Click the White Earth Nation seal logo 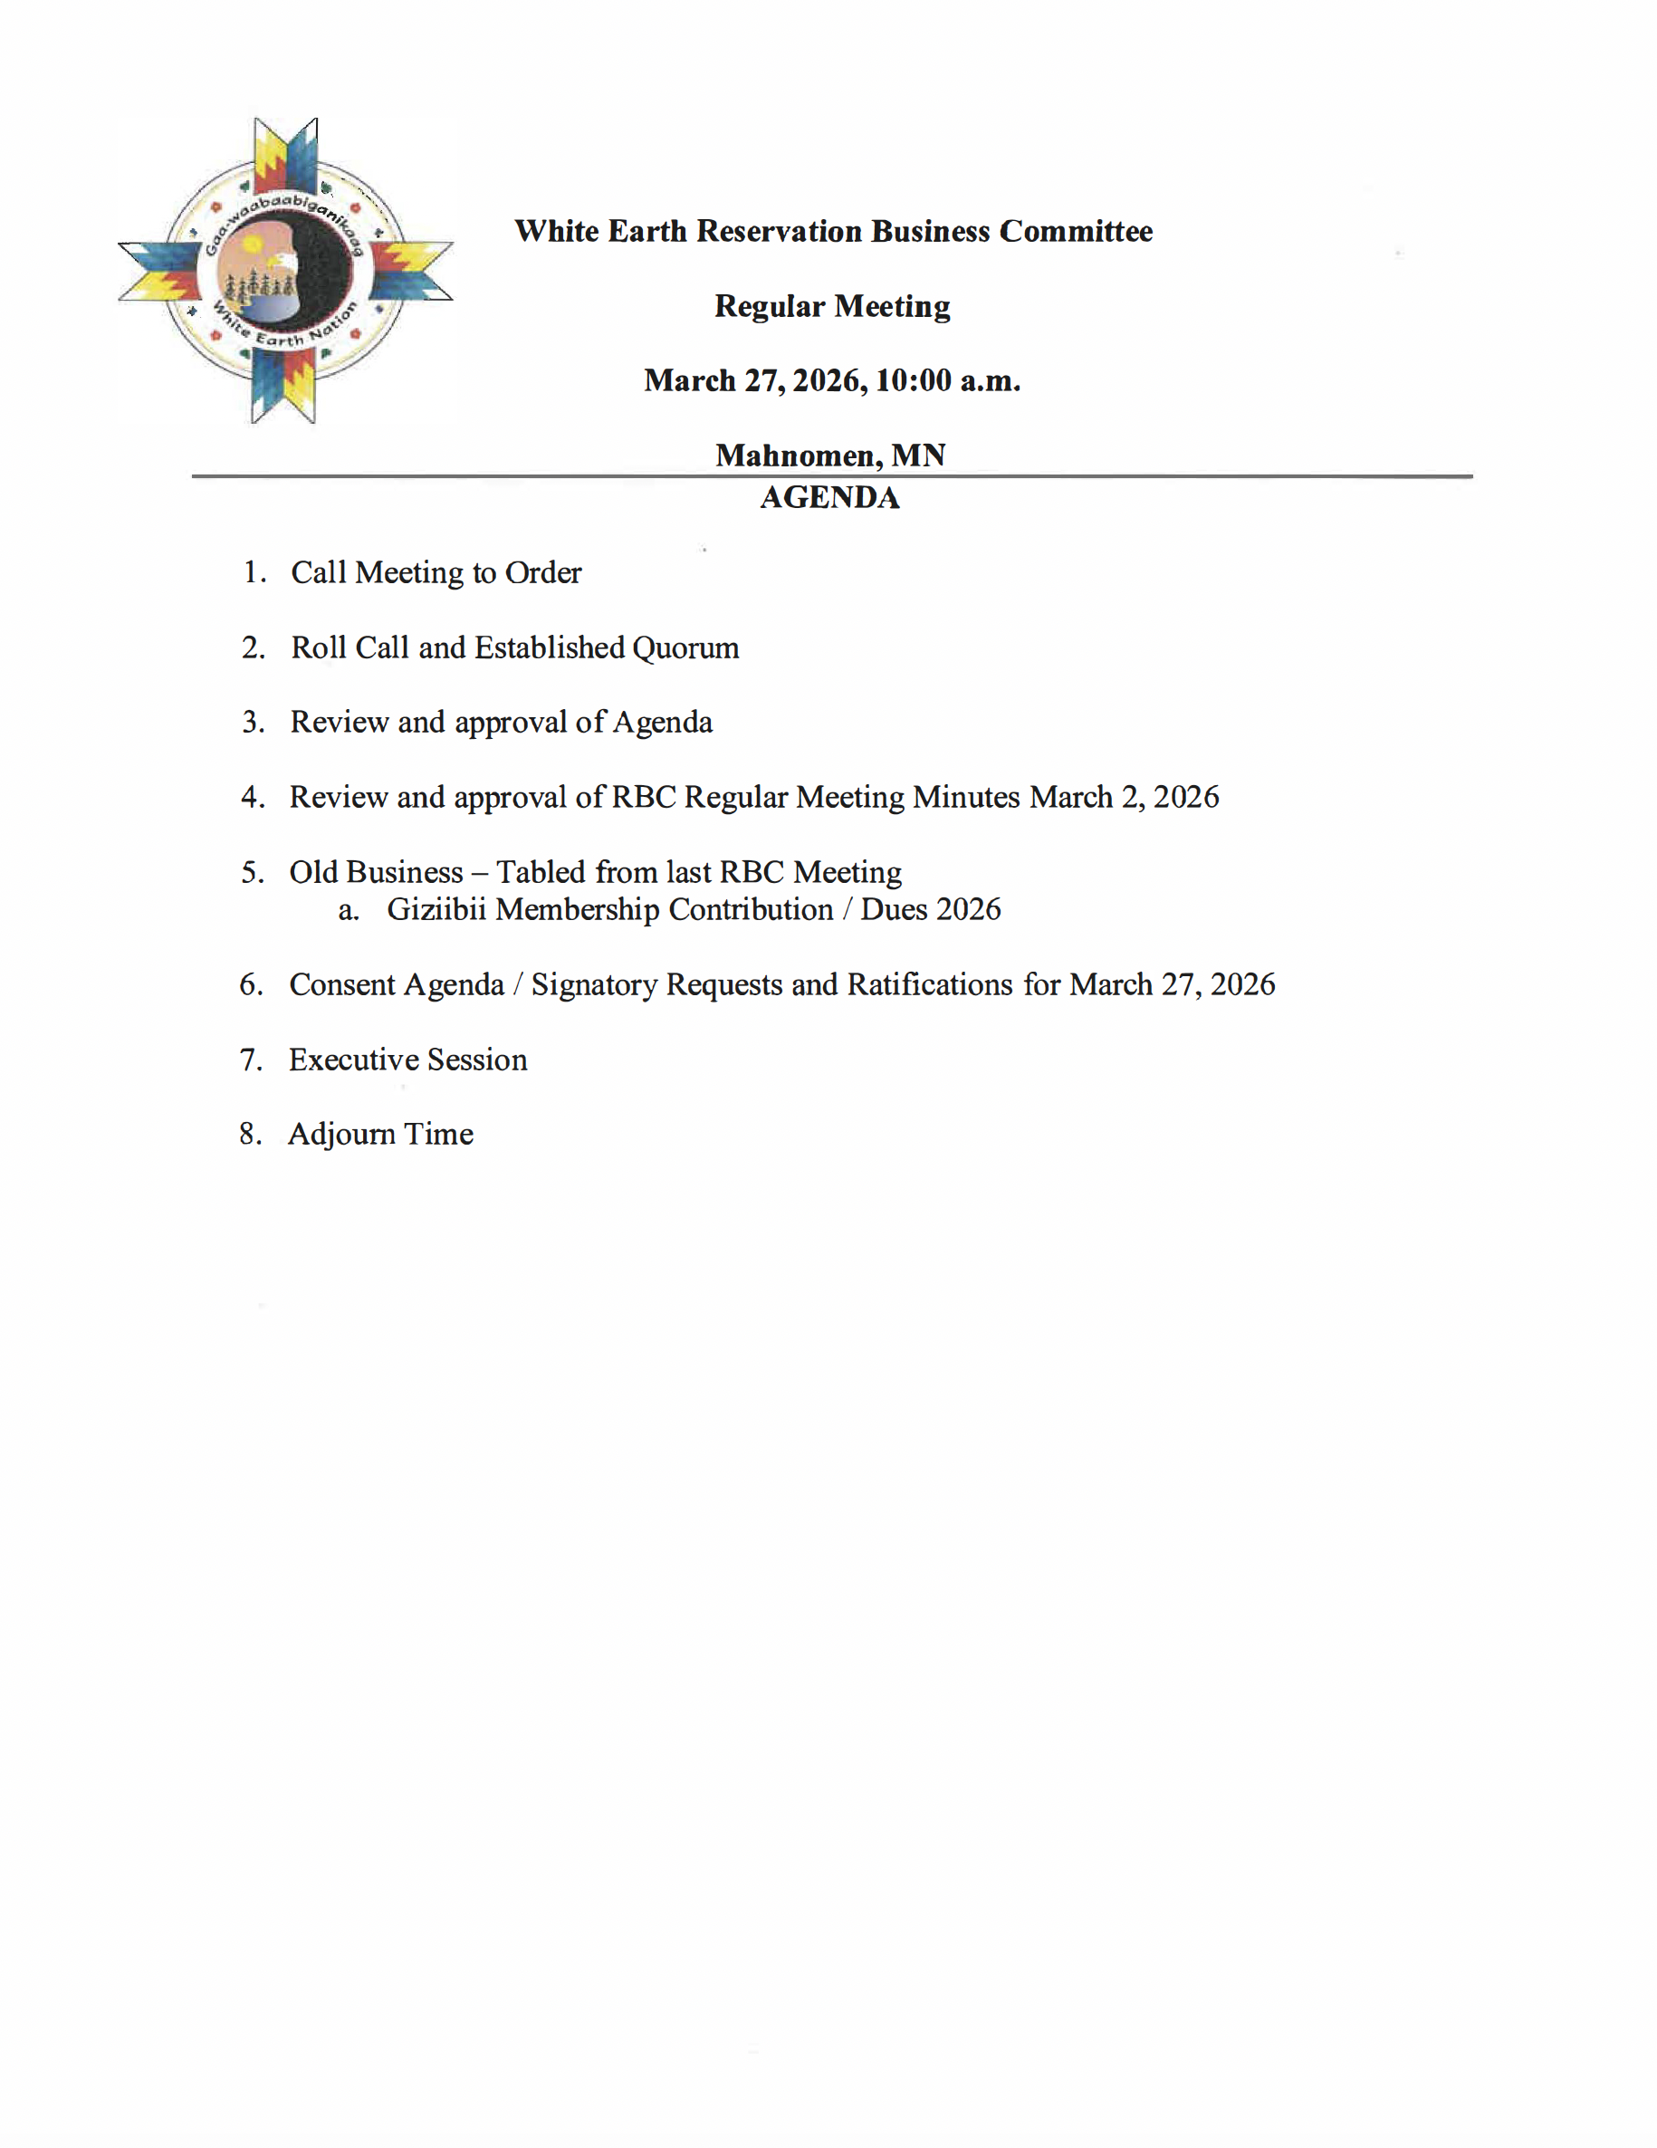click(x=285, y=271)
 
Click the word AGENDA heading click(x=829, y=498)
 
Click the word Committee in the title click(x=1076, y=231)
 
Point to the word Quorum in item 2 click(x=685, y=648)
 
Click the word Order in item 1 click(x=543, y=572)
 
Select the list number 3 click(x=253, y=723)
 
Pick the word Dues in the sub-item click(x=894, y=910)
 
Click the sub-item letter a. click(x=347, y=911)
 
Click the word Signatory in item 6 click(x=594, y=984)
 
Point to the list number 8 click(x=250, y=1135)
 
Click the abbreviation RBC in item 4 click(x=643, y=797)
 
